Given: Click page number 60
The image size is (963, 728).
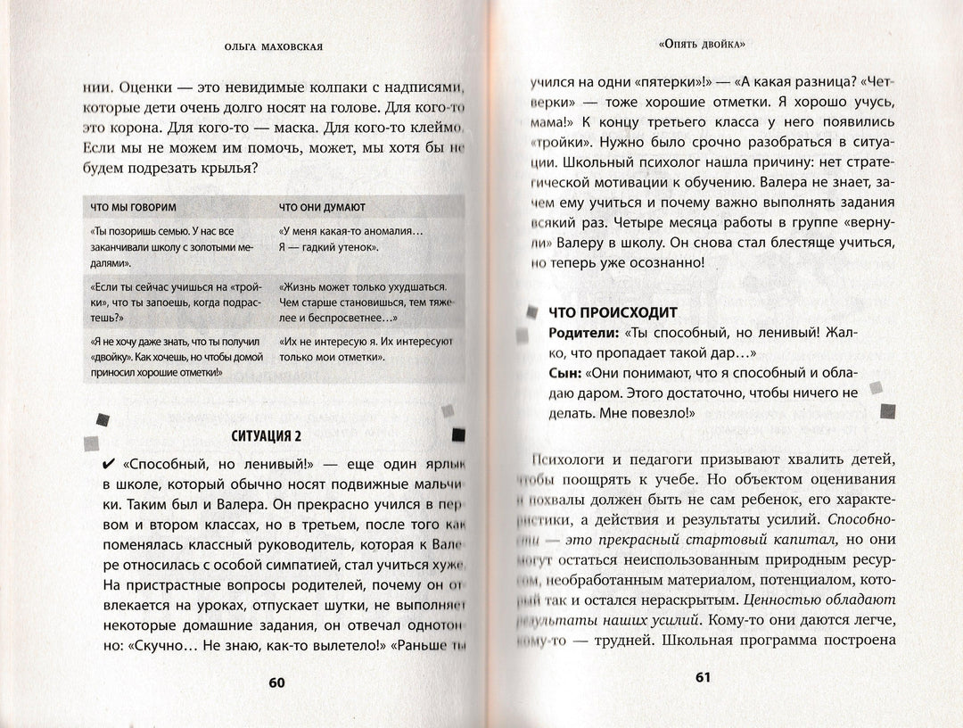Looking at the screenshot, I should point(276,682).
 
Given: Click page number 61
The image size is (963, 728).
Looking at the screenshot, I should point(702,677).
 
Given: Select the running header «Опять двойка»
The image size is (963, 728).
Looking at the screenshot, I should point(702,42).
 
